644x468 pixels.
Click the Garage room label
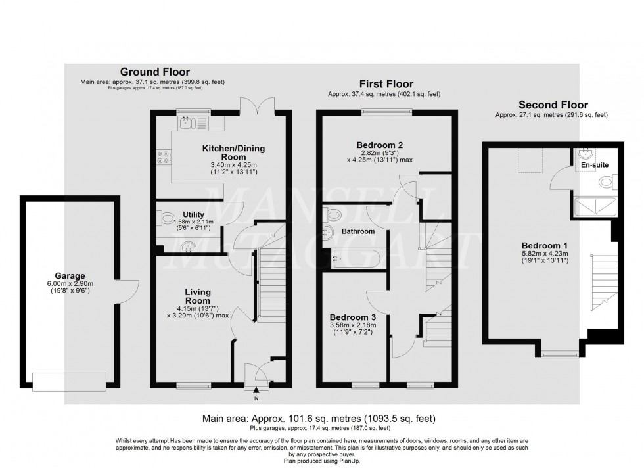[70, 276]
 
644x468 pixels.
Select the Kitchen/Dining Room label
[228, 153]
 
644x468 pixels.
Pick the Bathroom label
[358, 231]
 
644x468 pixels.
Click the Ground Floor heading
[154, 72]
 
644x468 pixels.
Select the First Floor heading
[386, 84]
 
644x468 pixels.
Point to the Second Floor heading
[553, 105]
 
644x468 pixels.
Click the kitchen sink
[187, 122]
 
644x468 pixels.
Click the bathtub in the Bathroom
[356, 258]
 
